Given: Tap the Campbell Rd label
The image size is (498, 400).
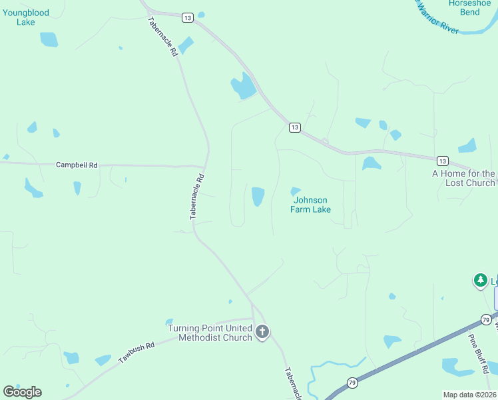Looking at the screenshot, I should tap(77, 165).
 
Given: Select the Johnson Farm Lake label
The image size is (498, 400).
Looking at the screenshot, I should tap(310, 204).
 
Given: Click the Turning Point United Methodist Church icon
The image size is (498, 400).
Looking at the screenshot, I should tap(262, 331).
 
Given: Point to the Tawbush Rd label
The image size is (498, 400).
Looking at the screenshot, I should tap(136, 353).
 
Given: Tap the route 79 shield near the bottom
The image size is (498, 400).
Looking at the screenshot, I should tap(352, 383).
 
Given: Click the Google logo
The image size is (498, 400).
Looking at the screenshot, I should tap(23, 392).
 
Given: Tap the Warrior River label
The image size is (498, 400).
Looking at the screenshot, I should tap(437, 21).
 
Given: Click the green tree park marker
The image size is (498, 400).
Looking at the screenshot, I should tap(481, 281).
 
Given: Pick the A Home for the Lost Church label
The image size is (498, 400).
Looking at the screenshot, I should tap(463, 178).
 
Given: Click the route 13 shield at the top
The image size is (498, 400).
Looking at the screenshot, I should tap(187, 17).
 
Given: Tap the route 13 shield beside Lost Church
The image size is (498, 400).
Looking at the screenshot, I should tap(443, 161).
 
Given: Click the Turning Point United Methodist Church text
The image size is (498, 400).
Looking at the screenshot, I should tap(210, 333).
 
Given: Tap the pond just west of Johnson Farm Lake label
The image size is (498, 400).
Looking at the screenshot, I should tap(258, 196).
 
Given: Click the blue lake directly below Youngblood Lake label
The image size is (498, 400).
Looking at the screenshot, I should tap(49, 39).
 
